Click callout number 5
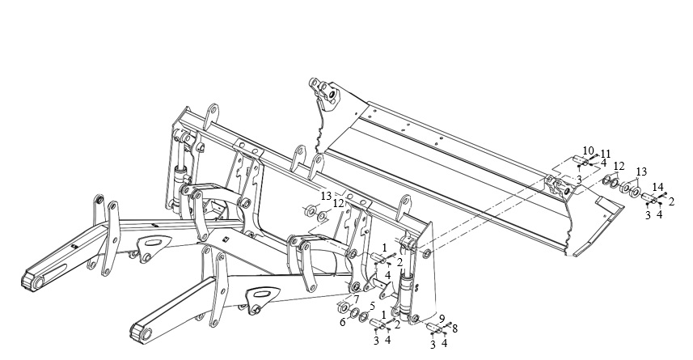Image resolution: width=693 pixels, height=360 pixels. coord(372,305)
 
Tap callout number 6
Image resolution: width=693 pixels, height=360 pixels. coord(343,322)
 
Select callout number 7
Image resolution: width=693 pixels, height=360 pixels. coord(356,299)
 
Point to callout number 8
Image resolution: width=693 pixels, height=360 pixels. coord(454,328)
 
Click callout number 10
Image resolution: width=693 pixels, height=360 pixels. coord(588,150)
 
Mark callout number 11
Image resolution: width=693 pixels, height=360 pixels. coord(605,154)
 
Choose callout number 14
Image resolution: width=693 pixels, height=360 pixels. coord(658,186)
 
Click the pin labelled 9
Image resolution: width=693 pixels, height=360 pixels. coord(433,328)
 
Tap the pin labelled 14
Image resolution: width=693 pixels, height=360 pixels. coord(649,197)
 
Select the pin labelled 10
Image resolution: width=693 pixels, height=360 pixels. coord(580,160)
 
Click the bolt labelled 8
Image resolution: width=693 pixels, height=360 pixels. coord(447,325)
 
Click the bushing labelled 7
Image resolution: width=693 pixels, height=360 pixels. coord(342,306)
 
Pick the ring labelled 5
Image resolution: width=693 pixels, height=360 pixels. coord(364,316)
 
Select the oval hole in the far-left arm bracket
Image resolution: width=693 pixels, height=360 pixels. coord(152,243)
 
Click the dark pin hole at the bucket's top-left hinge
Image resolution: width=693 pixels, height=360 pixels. coord(330,94)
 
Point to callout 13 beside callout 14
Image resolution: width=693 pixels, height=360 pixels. coord(641,172)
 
